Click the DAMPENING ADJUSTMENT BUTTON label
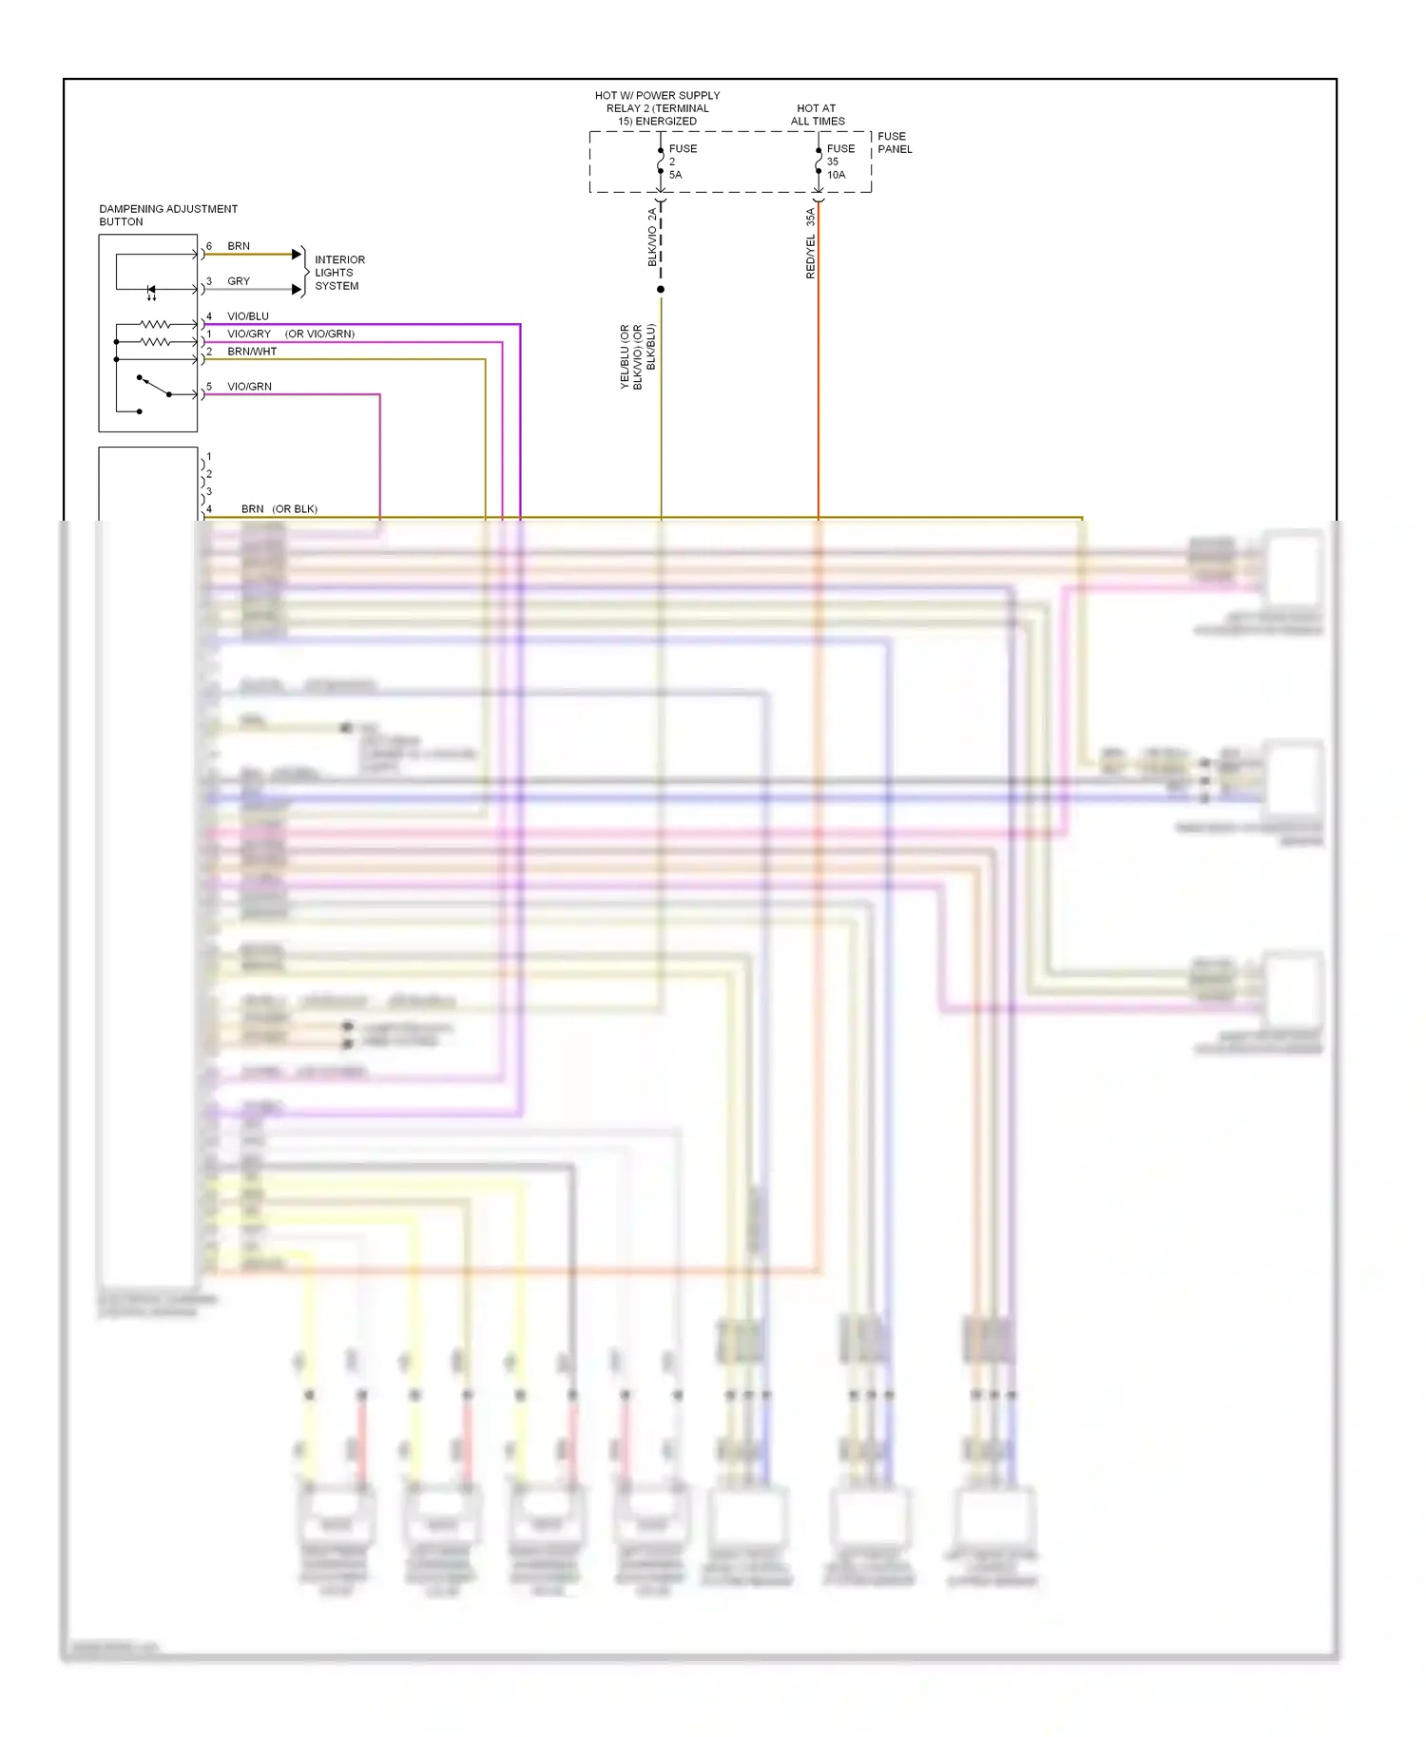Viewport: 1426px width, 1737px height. click(167, 215)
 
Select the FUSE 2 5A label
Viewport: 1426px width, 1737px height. click(682, 162)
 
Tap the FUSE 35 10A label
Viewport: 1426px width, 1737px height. click(839, 162)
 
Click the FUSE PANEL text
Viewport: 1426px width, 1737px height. click(894, 143)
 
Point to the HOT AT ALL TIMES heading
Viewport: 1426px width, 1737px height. click(817, 114)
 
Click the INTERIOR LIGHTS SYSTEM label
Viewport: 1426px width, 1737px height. click(338, 273)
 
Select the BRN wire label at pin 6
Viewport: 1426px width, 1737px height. click(239, 246)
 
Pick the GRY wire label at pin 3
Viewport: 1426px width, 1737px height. click(239, 281)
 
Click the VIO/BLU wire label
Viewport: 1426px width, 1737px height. click(247, 316)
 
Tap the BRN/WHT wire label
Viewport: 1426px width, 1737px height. click(252, 352)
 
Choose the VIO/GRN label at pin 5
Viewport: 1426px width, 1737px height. click(249, 387)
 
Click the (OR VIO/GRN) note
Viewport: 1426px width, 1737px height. click(319, 334)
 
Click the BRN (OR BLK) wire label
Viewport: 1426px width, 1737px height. click(279, 509)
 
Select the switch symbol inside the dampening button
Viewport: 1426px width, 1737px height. click(152, 387)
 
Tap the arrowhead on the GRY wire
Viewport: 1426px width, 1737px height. click(297, 290)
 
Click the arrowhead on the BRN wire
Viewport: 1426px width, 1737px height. click(297, 255)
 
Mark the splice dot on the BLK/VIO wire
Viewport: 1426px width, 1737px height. click(661, 289)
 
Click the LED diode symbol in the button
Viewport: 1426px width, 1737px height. click(150, 289)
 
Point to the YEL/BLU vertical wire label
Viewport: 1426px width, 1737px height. click(625, 357)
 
